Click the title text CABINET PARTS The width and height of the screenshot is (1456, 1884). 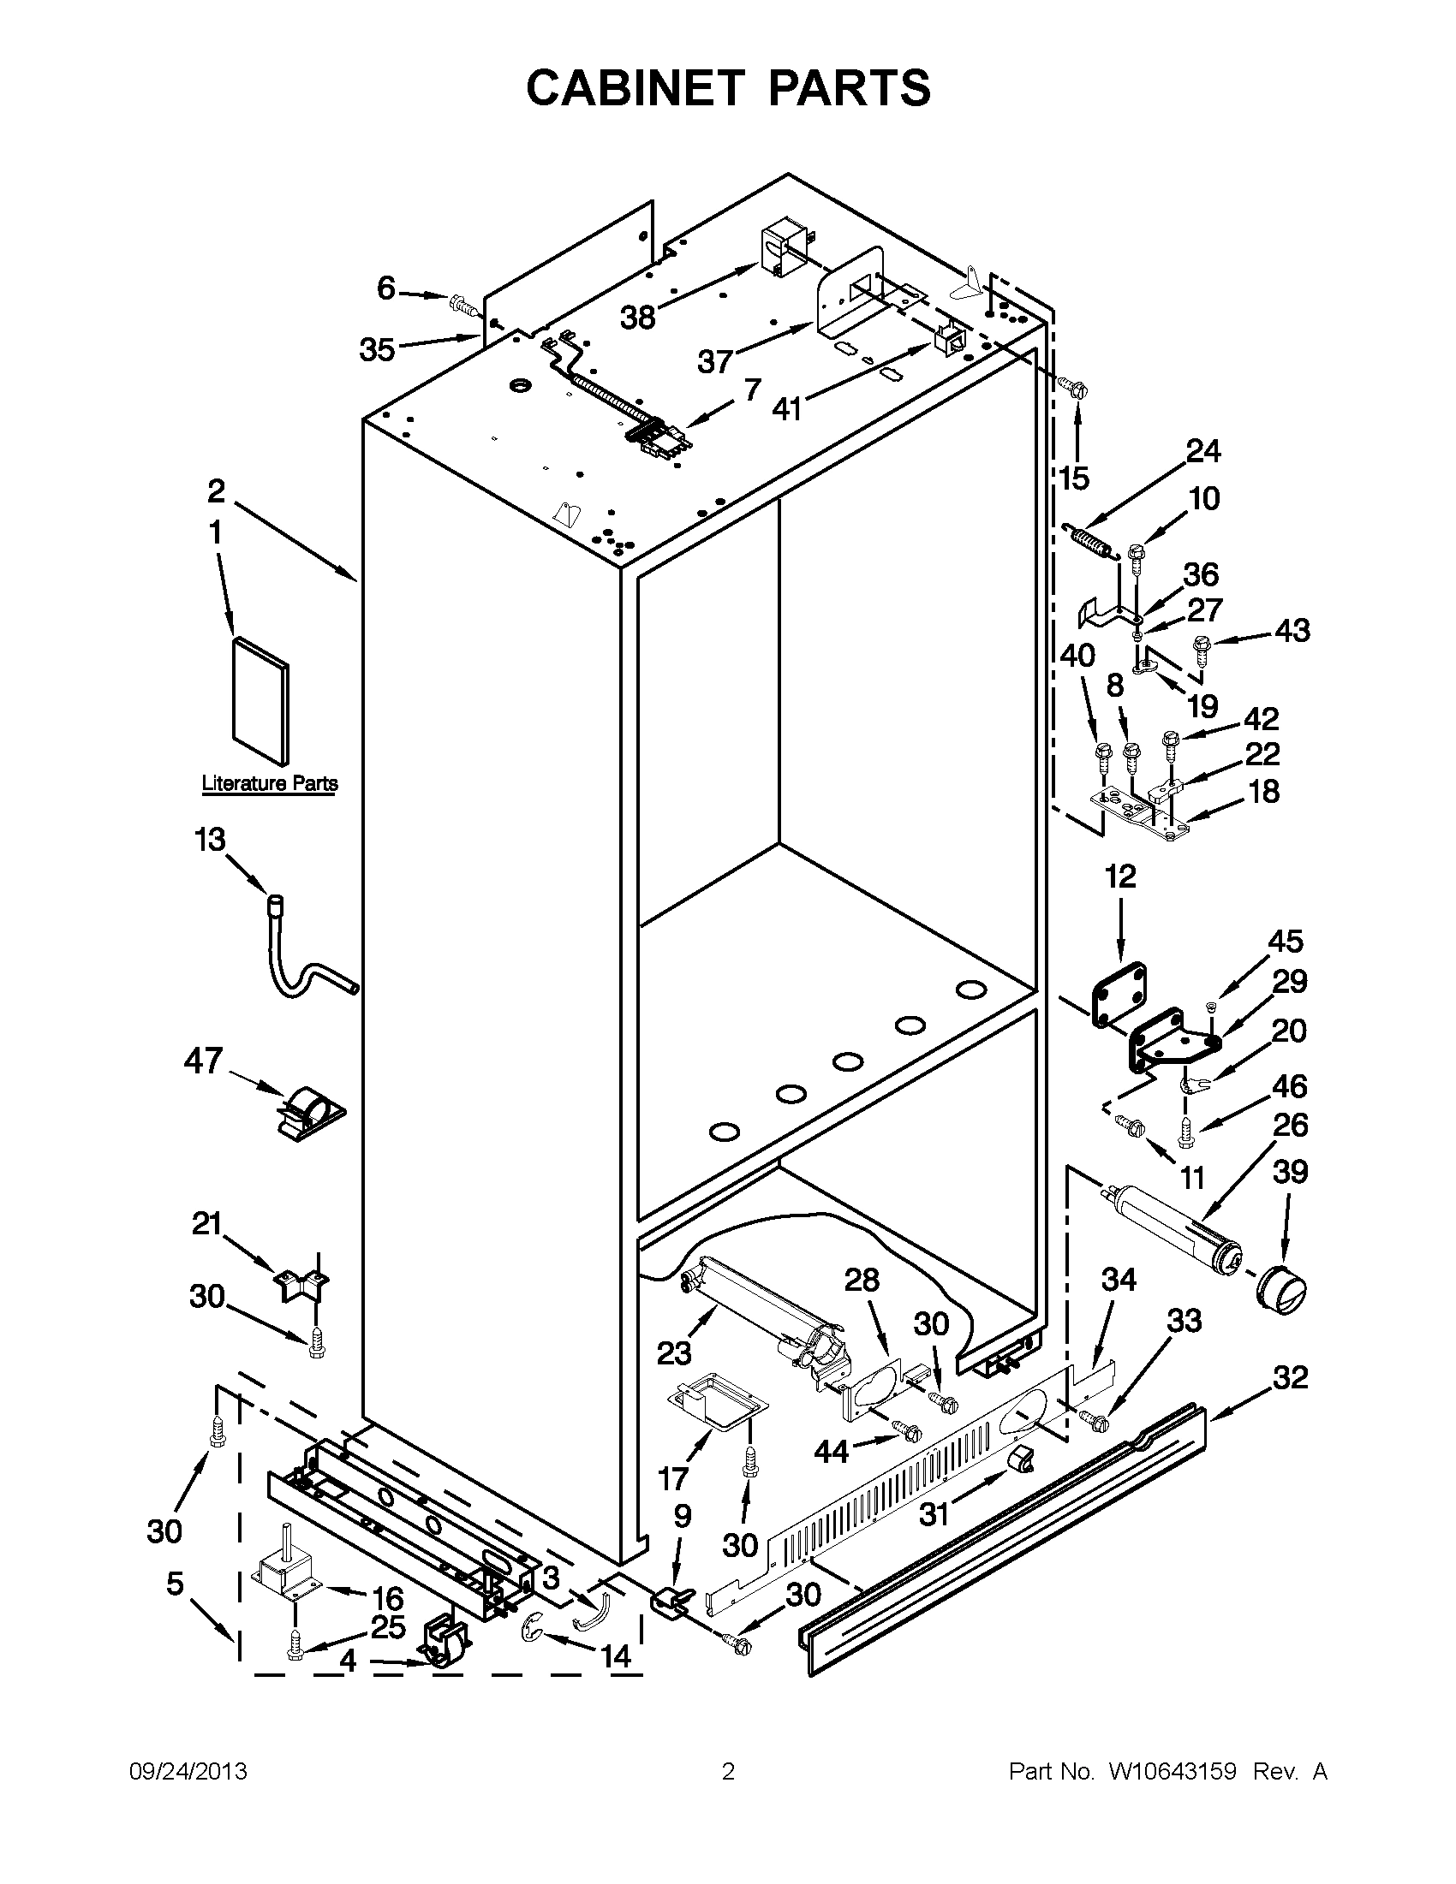point(727,87)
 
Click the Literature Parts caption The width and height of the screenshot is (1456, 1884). point(269,783)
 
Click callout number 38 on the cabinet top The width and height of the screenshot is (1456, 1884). point(638,318)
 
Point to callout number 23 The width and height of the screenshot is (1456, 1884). point(673,1353)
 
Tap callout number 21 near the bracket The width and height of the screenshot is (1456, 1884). point(207,1223)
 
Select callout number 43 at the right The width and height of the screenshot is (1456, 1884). point(1292,631)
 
